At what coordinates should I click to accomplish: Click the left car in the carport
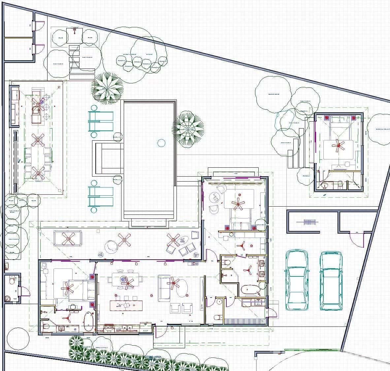[x=297, y=280]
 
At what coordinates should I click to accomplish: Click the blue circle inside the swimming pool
[x=161, y=143]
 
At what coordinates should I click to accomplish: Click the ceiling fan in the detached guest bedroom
[x=338, y=145]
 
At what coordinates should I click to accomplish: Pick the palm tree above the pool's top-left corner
[x=107, y=88]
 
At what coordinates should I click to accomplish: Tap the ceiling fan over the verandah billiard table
[x=68, y=238]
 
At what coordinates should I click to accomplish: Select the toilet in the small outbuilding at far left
[x=12, y=280]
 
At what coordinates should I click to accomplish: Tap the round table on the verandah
[x=111, y=246]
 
